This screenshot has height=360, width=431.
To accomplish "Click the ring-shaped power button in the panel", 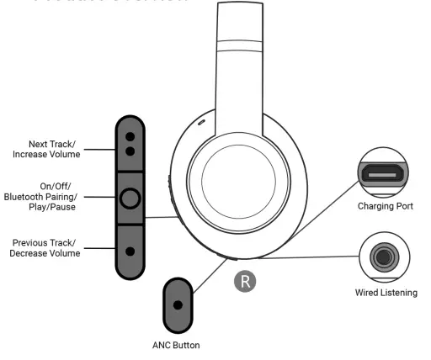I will tap(130, 199).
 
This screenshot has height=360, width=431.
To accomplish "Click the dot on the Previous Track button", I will tap(130, 250).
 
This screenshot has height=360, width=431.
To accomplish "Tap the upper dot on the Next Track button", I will tap(130, 136).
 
